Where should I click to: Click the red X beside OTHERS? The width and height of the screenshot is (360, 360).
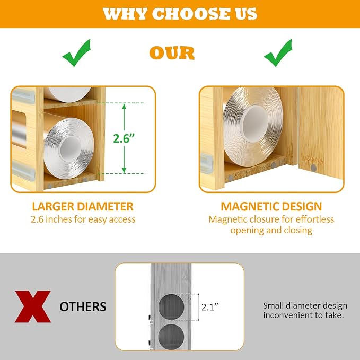(x=32, y=306)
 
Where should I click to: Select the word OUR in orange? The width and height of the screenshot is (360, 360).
(x=172, y=53)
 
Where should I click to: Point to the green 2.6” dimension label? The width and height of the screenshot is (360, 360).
(x=124, y=138)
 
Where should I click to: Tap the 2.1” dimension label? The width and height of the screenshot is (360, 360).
(x=209, y=307)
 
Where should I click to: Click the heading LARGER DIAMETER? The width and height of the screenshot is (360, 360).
(x=83, y=206)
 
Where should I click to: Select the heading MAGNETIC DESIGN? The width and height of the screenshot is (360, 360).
(x=271, y=206)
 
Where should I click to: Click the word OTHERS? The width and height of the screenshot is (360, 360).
(x=83, y=306)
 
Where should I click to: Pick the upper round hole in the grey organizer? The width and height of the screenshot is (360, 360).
(x=171, y=307)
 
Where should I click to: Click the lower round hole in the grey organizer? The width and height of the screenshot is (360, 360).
(x=171, y=337)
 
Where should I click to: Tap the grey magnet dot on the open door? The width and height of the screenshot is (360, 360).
(x=313, y=168)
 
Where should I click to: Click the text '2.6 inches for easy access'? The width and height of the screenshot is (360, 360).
(x=83, y=219)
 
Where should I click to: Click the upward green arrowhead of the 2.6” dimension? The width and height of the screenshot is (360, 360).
(x=124, y=107)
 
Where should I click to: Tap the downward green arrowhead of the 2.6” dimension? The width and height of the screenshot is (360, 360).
(x=124, y=170)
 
